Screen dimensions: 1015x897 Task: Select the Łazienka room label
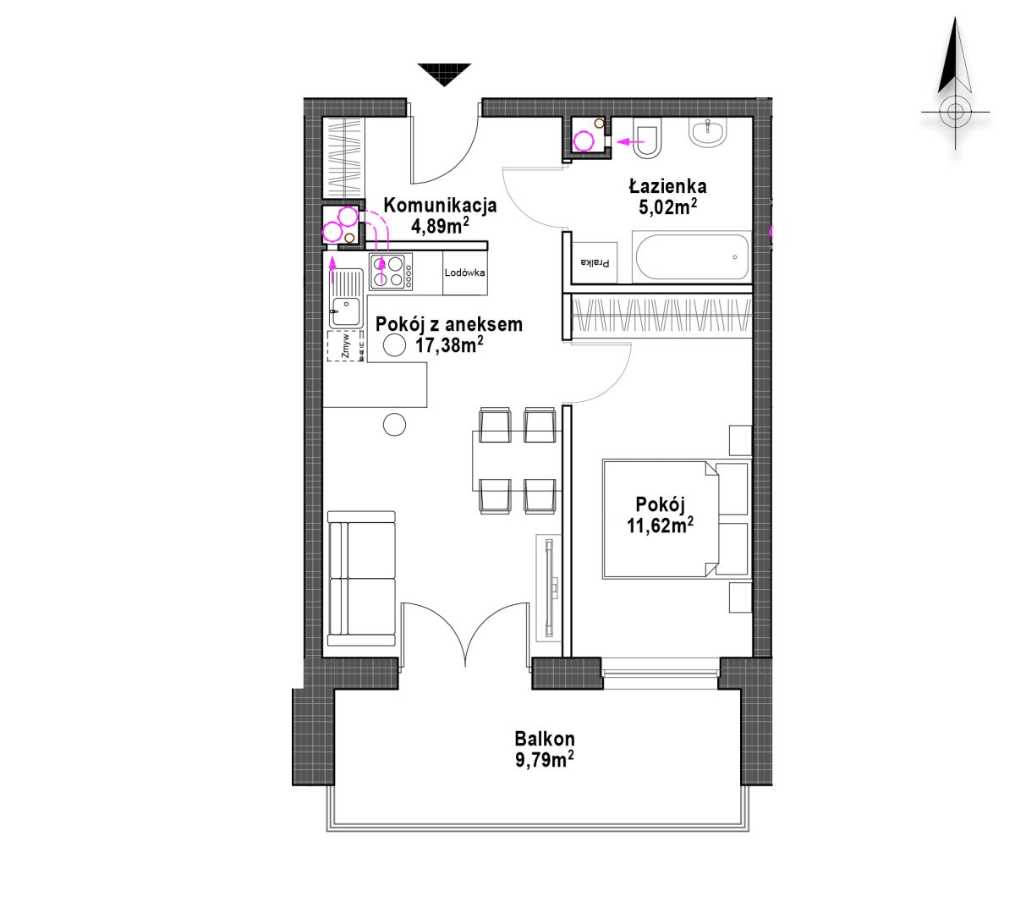pos(667,186)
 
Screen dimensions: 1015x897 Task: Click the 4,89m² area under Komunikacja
pos(440,225)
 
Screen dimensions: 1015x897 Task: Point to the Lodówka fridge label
pos(464,272)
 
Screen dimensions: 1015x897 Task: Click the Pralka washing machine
pos(595,262)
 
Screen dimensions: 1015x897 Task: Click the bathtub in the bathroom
pos(691,256)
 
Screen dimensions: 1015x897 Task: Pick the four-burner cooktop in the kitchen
pos(391,272)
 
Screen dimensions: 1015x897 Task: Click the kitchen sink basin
pos(345,311)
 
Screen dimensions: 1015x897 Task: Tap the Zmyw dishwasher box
pos(346,345)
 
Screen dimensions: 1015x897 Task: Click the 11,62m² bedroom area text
pos(660,526)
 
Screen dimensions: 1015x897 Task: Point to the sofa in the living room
pos(361,579)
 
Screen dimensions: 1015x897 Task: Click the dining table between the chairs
pos(517,460)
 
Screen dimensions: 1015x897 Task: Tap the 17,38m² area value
pos(449,344)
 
